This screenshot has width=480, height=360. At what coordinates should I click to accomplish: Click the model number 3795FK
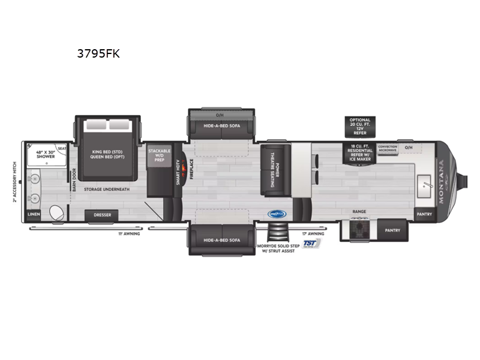[98, 54]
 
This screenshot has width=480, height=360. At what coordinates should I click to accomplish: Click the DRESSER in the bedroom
[101, 215]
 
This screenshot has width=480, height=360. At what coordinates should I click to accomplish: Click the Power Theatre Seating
[272, 170]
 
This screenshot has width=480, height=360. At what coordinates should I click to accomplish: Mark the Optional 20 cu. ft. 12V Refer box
[360, 125]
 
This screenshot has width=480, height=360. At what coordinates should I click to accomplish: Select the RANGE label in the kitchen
[359, 211]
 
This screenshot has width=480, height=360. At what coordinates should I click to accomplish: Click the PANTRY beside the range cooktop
[392, 230]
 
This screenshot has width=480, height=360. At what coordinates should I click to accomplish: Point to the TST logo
[310, 243]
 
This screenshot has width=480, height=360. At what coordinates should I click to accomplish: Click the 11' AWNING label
[130, 233]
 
